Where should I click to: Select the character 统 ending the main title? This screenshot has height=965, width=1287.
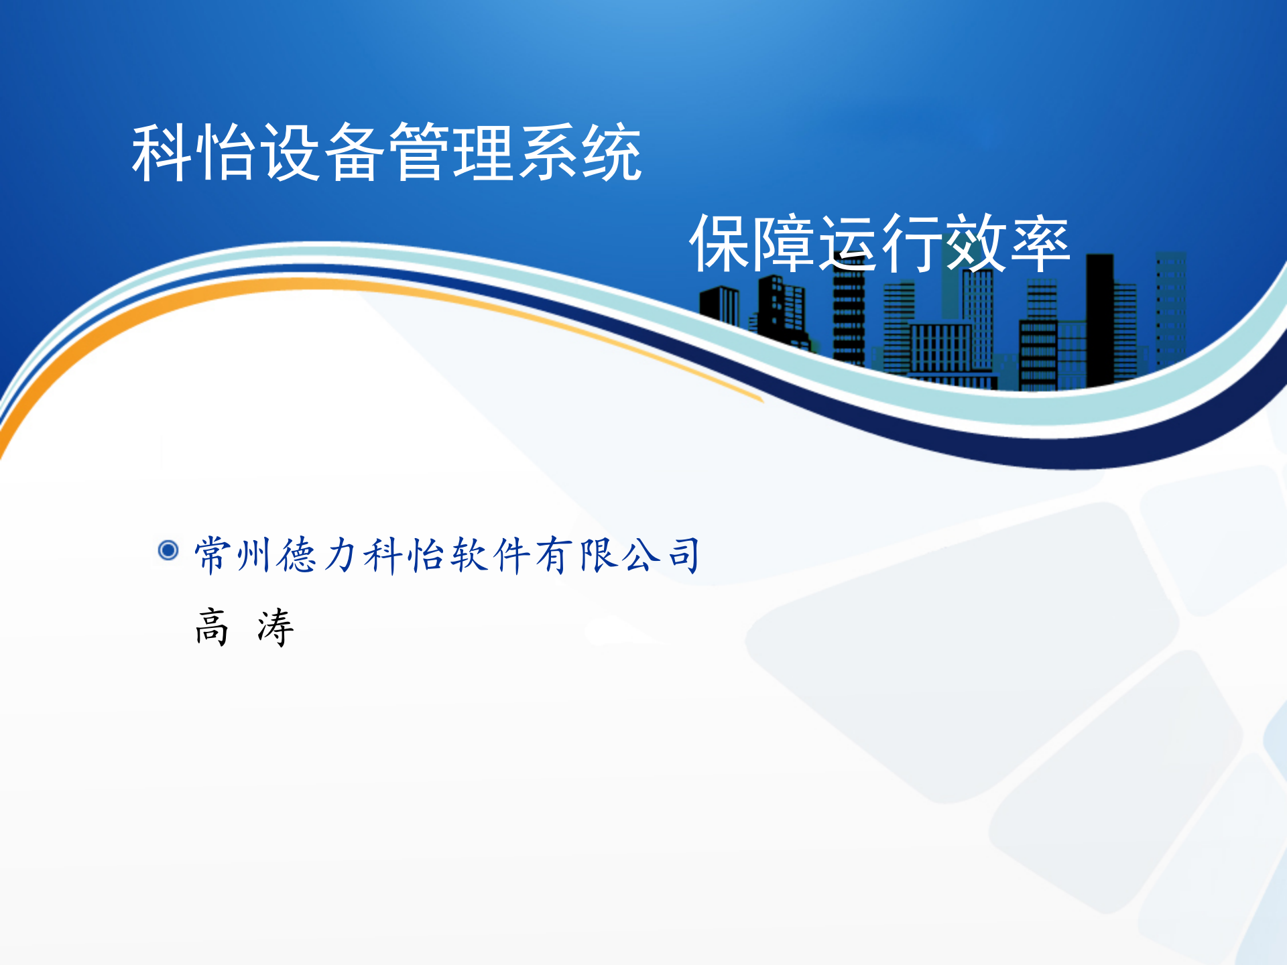click(611, 153)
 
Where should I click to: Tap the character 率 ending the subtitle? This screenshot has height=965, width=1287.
click(1040, 244)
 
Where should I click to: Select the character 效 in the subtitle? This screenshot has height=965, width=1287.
click(976, 244)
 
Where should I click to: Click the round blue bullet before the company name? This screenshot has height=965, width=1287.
click(168, 550)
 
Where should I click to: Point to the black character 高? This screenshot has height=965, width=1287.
click(212, 628)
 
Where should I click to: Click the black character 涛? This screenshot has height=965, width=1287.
click(275, 628)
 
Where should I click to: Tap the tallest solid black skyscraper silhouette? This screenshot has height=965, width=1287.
click(1099, 322)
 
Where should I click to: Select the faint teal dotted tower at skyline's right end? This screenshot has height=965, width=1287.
click(1170, 308)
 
